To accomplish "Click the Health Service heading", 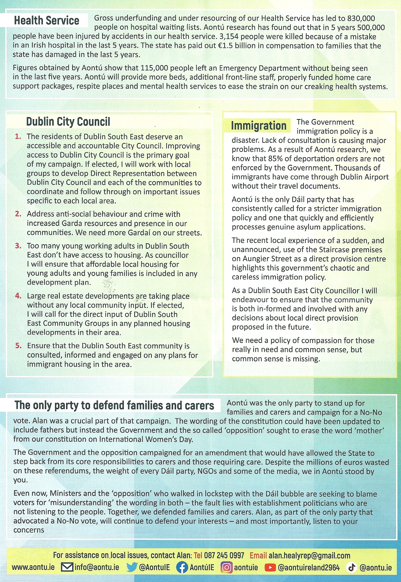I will pos(47,21).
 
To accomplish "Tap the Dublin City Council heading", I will pos(68,121).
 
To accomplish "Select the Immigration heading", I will pos(258,126).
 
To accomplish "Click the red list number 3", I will pos(18,246).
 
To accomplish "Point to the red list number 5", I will pos(18,346).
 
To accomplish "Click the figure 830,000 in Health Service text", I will pos(361,18).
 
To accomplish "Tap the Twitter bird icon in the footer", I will pos(132,567).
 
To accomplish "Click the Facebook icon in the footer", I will pos(182,567).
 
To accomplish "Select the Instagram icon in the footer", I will pos(226,567).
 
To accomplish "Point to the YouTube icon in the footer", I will pos(270,567).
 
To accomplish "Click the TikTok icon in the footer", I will pos(352,567).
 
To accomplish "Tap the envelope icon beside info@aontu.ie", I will pos(67,567).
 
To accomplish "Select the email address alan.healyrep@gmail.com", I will pos(309,555).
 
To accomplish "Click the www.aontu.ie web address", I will pos(33,567).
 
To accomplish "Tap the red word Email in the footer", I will pos(258,555).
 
